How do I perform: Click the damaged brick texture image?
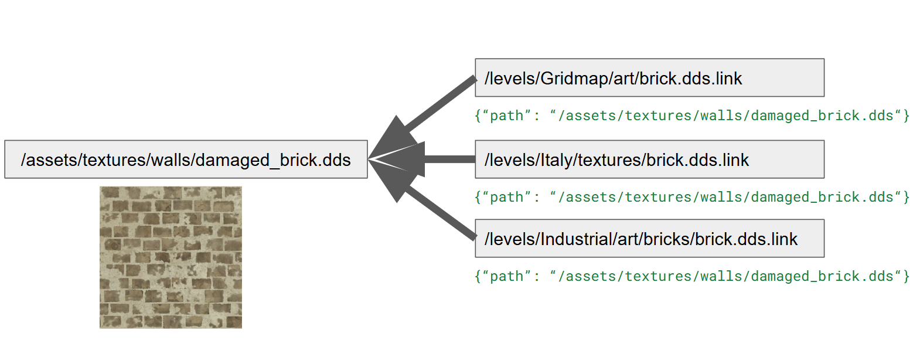click(171, 257)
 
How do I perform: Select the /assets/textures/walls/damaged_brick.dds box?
click(186, 159)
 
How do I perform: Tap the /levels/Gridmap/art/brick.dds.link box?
click(650, 77)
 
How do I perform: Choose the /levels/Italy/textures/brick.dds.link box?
click(650, 159)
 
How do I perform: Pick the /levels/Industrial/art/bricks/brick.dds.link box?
click(650, 239)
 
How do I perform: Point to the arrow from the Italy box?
click(422, 159)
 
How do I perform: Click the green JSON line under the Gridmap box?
click(692, 116)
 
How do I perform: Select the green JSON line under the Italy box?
click(692, 198)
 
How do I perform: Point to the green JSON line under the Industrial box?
click(692, 276)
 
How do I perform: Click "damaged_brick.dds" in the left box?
click(273, 160)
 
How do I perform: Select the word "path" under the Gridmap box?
click(507, 117)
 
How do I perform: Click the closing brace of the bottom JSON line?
click(906, 276)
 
